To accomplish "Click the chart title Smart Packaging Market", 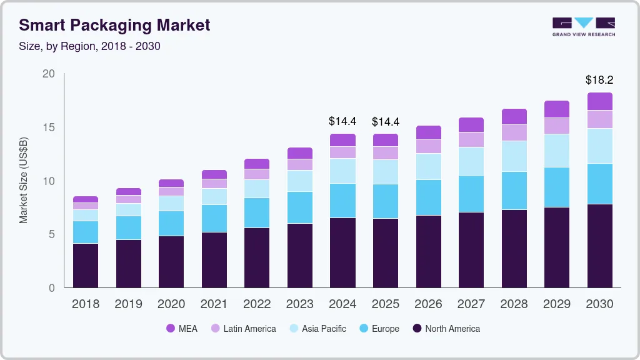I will (x=114, y=25).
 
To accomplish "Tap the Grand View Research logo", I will (x=583, y=26).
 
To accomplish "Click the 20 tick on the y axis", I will (x=48, y=74).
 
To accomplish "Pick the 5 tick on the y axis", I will (x=51, y=234).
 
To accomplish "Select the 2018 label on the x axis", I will (x=86, y=304).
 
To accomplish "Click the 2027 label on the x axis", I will (x=471, y=304).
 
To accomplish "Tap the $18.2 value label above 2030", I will (x=599, y=80).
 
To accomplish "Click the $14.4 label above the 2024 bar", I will (x=342, y=122).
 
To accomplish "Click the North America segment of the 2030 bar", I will (x=599, y=246).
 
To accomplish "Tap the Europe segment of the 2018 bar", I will (x=86, y=232).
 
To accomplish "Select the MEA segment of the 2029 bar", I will (x=557, y=109).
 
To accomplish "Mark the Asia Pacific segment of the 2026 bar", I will (x=428, y=166).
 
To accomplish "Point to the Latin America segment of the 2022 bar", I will (x=257, y=174).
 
